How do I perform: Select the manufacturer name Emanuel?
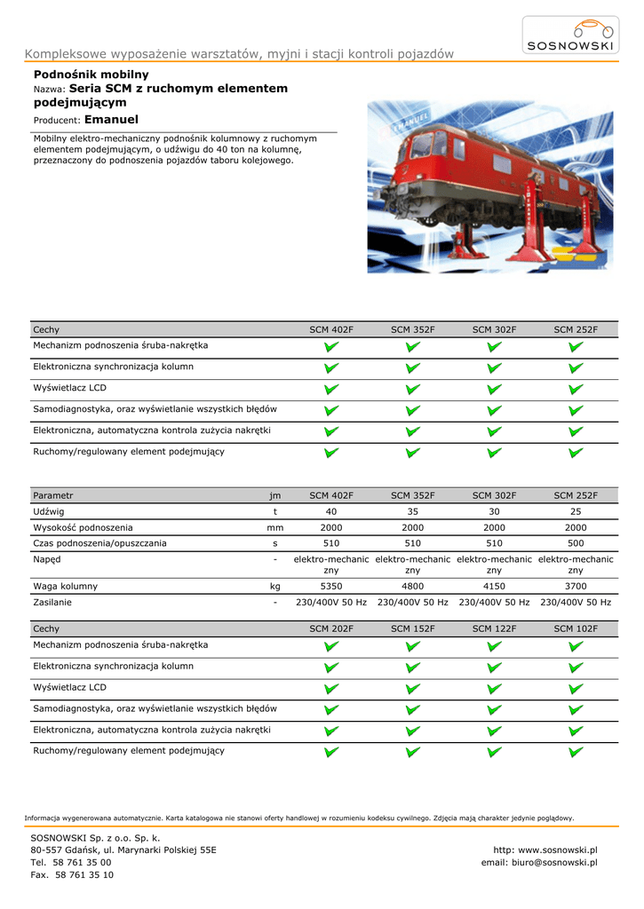pyautogui.click(x=111, y=119)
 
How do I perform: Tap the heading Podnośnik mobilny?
pyautogui.click(x=91, y=75)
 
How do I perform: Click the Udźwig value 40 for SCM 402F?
pyautogui.click(x=331, y=512)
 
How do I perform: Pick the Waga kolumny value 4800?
pyautogui.click(x=412, y=587)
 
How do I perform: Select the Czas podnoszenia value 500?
pyautogui.click(x=576, y=543)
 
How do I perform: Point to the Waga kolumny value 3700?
pyautogui.click(x=576, y=587)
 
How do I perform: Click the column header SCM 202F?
pyautogui.click(x=331, y=628)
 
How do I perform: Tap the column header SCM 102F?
pyautogui.click(x=576, y=628)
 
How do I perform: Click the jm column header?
pyautogui.click(x=275, y=495)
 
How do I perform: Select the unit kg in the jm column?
pyautogui.click(x=275, y=587)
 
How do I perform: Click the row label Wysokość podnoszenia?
pyautogui.click(x=83, y=527)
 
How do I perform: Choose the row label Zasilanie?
pyautogui.click(x=52, y=602)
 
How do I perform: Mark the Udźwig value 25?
pyautogui.click(x=576, y=512)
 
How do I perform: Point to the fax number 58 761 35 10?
pyautogui.click(x=83, y=874)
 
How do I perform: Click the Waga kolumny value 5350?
pyautogui.click(x=331, y=587)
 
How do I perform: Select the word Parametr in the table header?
pyautogui.click(x=53, y=495)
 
